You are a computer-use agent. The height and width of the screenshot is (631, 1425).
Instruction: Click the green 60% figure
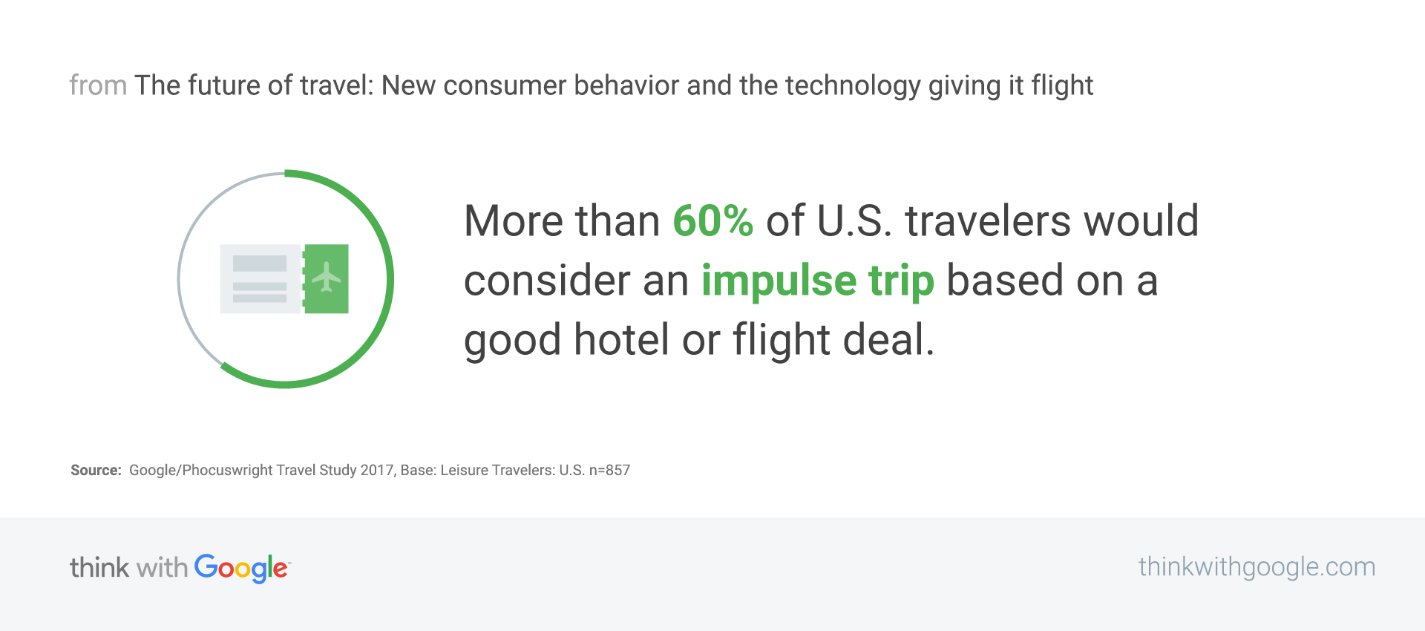(712, 220)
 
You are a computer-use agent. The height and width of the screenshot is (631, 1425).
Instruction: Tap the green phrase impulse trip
(818, 281)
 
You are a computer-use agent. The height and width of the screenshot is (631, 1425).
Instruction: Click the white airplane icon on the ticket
(326, 277)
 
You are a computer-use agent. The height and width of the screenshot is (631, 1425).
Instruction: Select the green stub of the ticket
(326, 278)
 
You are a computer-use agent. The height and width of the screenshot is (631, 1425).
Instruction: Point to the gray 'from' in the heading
(98, 85)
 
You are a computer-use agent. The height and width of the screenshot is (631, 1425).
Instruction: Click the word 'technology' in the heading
(853, 86)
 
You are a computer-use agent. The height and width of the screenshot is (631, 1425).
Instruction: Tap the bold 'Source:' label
(96, 470)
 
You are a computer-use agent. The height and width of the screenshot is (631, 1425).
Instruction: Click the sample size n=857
(609, 470)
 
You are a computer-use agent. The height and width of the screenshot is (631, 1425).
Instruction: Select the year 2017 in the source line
(376, 470)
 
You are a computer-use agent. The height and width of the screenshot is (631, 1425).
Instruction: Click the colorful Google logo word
(242, 569)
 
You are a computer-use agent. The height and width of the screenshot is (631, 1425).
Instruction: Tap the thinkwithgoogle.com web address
(1257, 567)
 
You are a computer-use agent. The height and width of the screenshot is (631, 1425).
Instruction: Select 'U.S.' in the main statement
(854, 220)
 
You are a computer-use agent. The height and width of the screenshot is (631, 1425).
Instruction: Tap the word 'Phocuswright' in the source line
(227, 470)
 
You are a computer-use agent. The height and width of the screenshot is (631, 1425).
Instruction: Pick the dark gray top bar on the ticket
(260, 264)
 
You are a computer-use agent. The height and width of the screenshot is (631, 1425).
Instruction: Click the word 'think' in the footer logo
(99, 567)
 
